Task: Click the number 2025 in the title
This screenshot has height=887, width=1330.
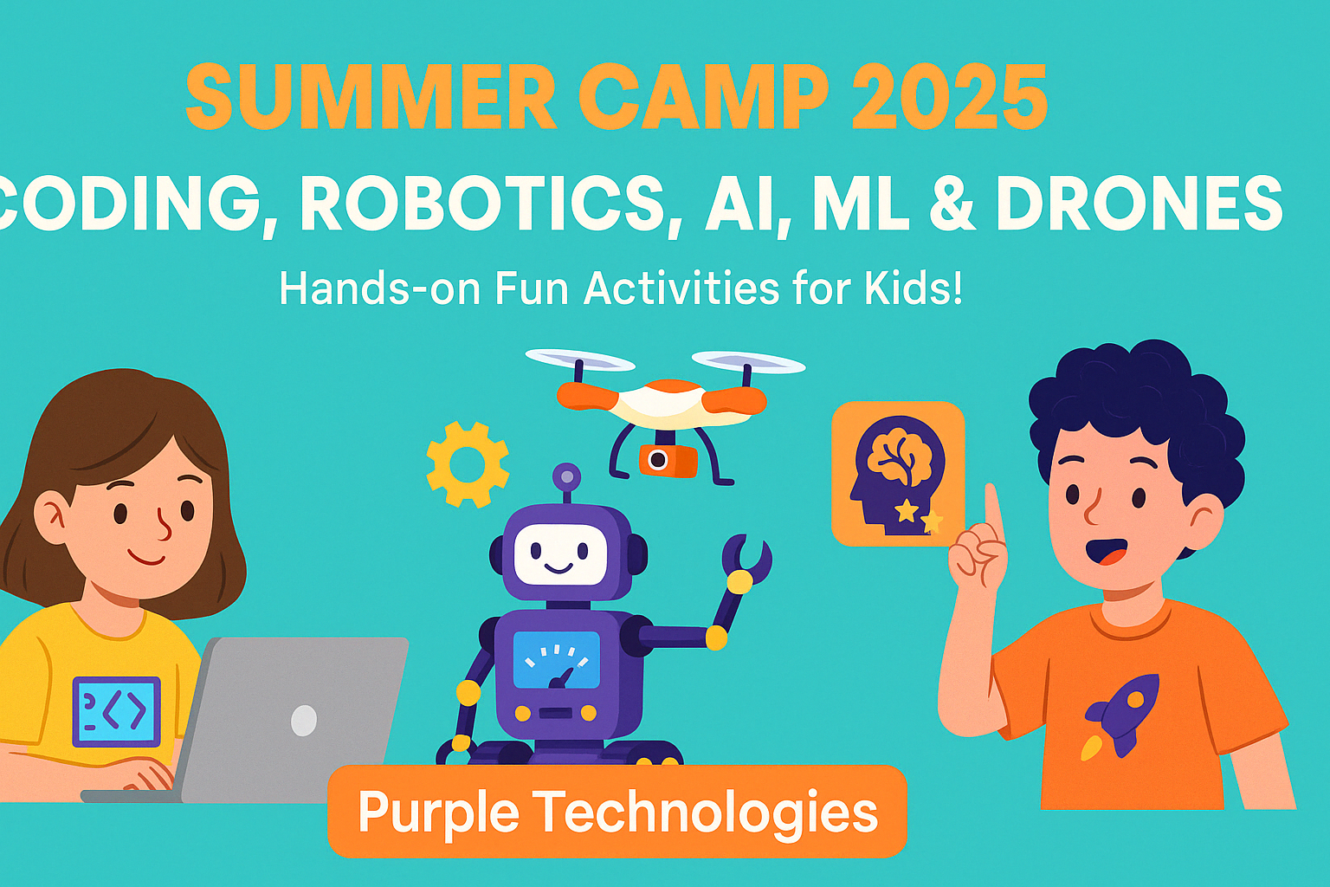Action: tap(948, 96)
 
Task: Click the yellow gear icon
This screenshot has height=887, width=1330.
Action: tap(468, 464)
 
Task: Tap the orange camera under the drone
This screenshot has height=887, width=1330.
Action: tap(668, 460)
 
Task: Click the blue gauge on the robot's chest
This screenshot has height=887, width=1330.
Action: tap(557, 660)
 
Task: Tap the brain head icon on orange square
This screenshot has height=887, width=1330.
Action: tap(898, 474)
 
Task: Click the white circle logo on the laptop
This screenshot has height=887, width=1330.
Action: tap(304, 720)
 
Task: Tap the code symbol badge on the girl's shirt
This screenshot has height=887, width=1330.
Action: tap(116, 712)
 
